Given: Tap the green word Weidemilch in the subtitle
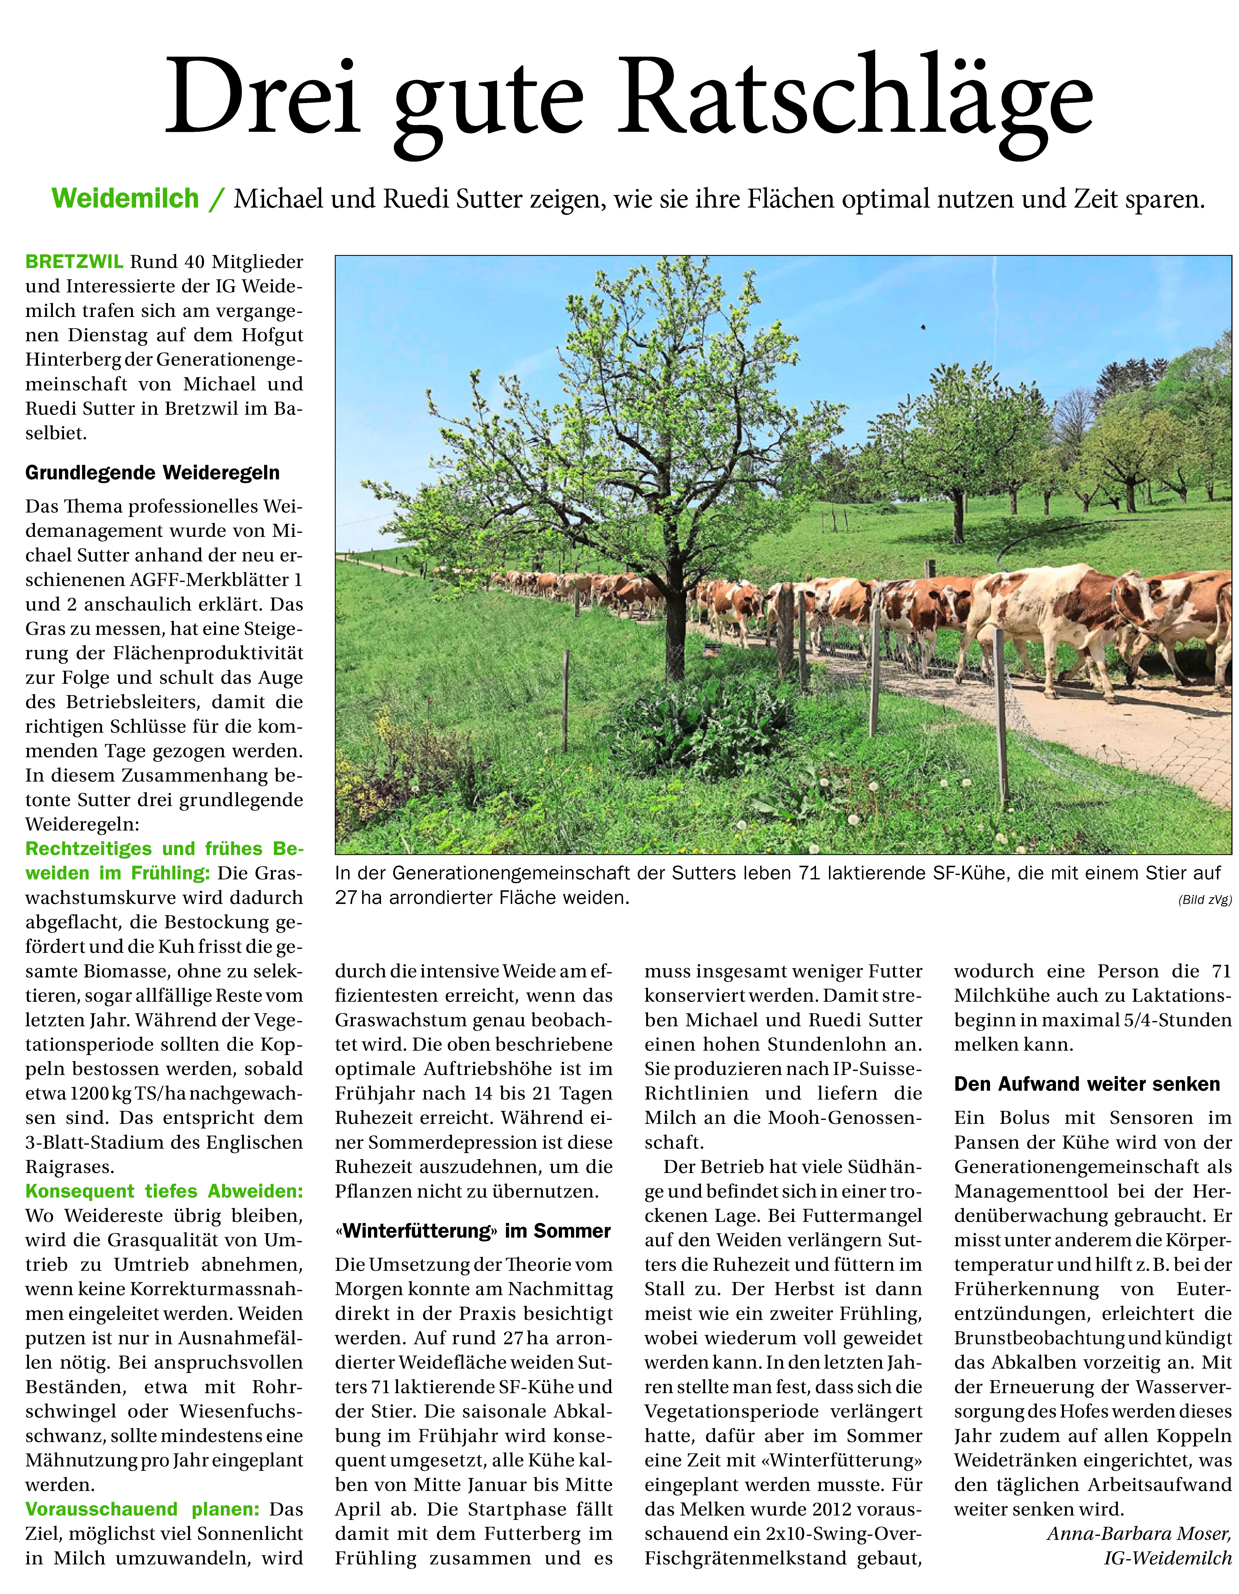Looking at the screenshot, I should click(x=126, y=199).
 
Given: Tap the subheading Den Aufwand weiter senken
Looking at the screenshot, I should click(x=1086, y=1085).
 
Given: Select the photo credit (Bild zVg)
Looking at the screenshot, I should click(x=1205, y=900).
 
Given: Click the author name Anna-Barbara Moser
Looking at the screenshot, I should click(x=1139, y=1533).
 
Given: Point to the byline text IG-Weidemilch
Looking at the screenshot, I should click(x=1167, y=1558).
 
